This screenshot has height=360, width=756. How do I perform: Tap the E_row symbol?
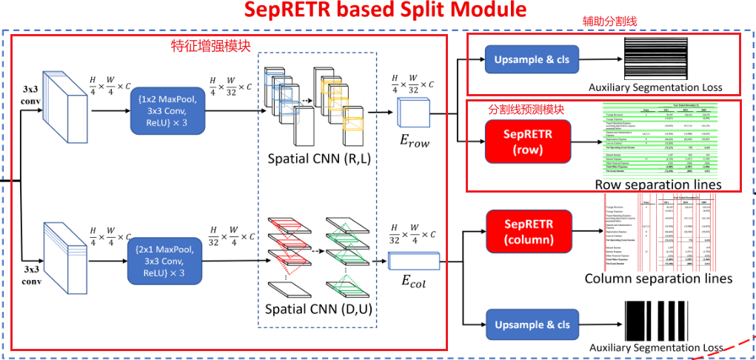(x=413, y=137)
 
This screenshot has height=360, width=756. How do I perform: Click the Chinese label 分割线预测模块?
(x=526, y=108)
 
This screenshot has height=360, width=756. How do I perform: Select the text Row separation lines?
(x=658, y=184)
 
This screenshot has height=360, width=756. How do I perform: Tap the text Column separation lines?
(x=658, y=279)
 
